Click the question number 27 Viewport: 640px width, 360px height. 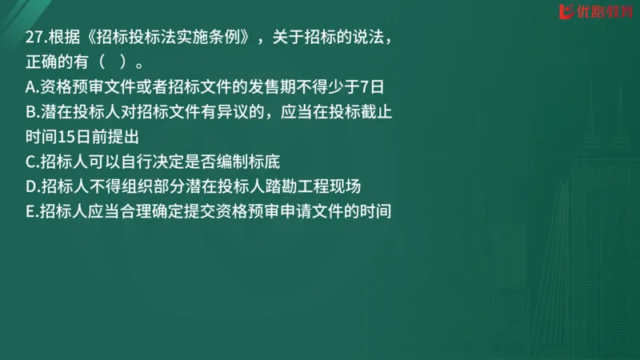coord(34,37)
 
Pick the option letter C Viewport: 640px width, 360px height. coord(30,162)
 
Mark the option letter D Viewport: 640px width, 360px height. coord(31,186)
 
